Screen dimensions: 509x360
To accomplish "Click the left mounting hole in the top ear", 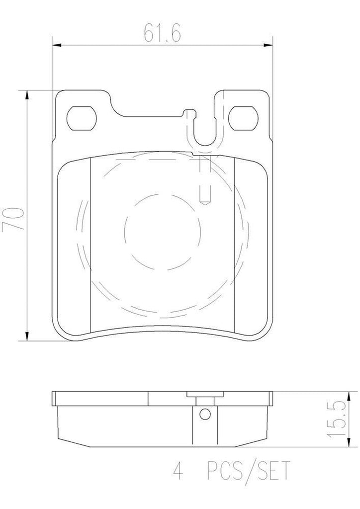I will coord(82,117).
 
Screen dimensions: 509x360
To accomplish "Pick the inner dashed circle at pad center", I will coord(162,229).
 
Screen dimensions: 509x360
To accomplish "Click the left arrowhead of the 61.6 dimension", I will coord(56,46).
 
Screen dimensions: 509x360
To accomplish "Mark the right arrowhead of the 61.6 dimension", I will coord(269,46).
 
